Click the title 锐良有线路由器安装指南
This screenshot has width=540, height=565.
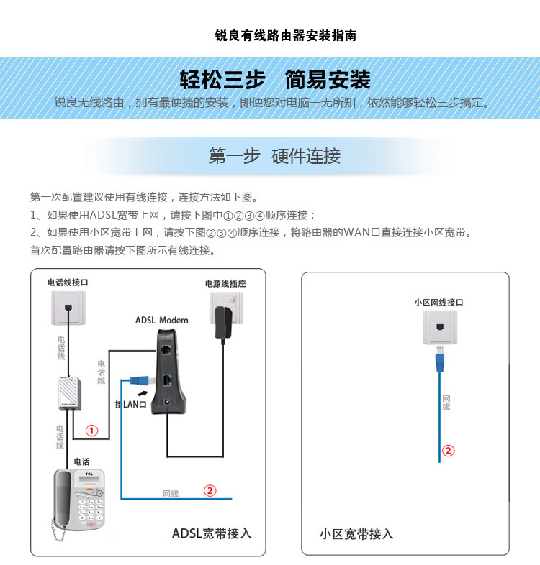pos(286,35)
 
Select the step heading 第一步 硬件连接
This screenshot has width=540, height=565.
pos(274,156)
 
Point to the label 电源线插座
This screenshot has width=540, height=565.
pos(225,284)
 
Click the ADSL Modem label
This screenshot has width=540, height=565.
pos(162,320)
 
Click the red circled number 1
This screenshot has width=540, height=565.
pos(92,431)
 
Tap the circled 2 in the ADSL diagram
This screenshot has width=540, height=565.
pos(210,491)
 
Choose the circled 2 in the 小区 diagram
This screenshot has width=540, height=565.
pos(448,451)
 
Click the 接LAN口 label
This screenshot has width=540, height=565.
pos(130,405)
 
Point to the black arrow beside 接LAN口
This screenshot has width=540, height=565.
pos(144,392)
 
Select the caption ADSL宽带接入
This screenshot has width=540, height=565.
pos(212,533)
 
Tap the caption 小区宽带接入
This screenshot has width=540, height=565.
pos(356,534)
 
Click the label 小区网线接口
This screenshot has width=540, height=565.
pos(438,303)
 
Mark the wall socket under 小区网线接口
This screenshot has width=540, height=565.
pos(438,327)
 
